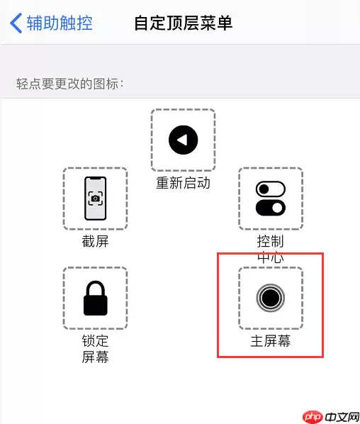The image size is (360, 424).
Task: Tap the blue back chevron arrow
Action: coord(16,23)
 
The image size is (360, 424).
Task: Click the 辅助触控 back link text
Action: coord(60,23)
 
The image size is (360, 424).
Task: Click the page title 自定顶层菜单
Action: coord(184,23)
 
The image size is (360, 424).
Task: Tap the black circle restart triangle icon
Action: coord(183,140)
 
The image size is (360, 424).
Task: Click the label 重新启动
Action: coord(183,184)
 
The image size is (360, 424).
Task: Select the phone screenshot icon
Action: coord(95,199)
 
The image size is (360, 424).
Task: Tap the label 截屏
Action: coord(95,242)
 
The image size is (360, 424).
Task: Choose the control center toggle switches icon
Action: coord(270,199)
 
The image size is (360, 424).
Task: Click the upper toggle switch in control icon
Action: coord(270,189)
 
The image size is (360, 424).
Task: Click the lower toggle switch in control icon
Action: coord(270,208)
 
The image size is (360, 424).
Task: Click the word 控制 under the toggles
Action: coord(270,242)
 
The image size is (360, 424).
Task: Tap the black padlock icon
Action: coord(95,299)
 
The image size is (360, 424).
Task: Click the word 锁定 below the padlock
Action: coord(95,341)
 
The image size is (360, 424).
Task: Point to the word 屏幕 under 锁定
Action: coord(95,357)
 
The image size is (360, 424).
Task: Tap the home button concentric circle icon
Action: coord(270,298)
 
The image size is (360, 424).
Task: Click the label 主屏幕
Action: coord(270,341)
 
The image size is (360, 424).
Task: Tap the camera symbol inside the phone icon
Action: coord(95,199)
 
